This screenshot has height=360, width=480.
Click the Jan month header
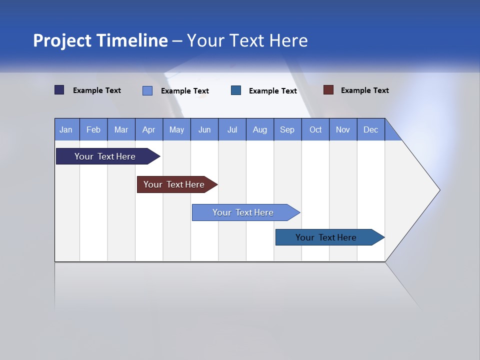[66, 129]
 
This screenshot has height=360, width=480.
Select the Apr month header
[148, 129]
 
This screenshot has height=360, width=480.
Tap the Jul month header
[232, 129]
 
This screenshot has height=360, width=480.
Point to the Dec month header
[370, 129]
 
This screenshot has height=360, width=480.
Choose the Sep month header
[287, 129]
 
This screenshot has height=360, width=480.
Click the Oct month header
[315, 129]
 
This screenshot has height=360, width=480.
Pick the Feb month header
[93, 129]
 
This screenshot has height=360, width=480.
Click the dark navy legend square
[59, 90]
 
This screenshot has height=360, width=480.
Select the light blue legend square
[147, 90]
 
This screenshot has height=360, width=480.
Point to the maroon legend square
[328, 90]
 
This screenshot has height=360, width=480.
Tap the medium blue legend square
[236, 90]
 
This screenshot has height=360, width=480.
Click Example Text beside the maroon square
[364, 90]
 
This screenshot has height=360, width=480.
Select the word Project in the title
[62, 40]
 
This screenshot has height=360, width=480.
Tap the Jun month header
[204, 129]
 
